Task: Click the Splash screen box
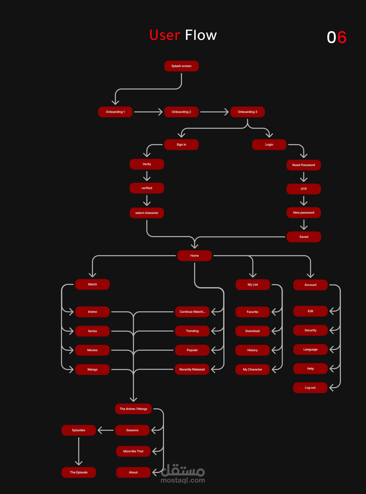pyautogui.click(x=181, y=66)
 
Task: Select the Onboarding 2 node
pyautogui.click(x=181, y=112)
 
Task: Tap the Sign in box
pyautogui.click(x=181, y=145)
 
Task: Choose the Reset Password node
pyautogui.click(x=303, y=165)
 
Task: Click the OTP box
pyautogui.click(x=303, y=189)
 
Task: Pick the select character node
pyautogui.click(x=147, y=213)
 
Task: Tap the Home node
pyautogui.click(x=194, y=256)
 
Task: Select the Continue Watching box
pyautogui.click(x=192, y=312)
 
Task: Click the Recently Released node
pyautogui.click(x=192, y=369)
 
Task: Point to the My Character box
pyautogui.click(x=252, y=369)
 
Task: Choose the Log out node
pyautogui.click(x=310, y=388)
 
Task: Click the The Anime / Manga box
pyautogui.click(x=133, y=409)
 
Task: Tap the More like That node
pyautogui.click(x=133, y=451)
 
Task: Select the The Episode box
pyautogui.click(x=79, y=472)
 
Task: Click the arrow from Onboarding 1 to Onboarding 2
pyautogui.click(x=148, y=112)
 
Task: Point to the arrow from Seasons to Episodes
pyautogui.click(x=105, y=430)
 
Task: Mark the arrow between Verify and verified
pyautogui.click(x=147, y=176)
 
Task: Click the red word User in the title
pyautogui.click(x=165, y=35)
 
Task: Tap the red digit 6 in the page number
pyautogui.click(x=342, y=37)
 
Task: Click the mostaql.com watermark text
pyautogui.click(x=183, y=480)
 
